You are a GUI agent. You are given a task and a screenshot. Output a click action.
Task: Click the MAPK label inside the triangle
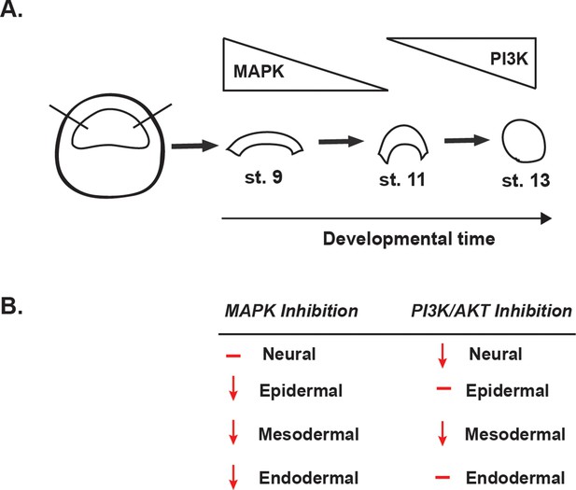259,71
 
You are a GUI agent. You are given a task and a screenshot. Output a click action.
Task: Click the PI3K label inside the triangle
509,59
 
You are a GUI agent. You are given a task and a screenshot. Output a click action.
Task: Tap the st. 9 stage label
263,177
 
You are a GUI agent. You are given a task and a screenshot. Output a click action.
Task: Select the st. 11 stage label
401,179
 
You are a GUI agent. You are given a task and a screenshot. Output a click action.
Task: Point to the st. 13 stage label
526,180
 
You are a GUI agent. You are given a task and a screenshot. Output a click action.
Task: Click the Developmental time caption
409,239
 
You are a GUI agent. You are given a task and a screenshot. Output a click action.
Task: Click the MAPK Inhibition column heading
291,311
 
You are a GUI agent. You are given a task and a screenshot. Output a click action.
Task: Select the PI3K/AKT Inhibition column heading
491,311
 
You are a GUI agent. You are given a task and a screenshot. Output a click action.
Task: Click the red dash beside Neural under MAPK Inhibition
233,356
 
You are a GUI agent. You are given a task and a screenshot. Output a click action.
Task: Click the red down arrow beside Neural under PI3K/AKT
443,356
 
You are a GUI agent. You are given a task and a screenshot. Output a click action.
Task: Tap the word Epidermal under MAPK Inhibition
301,390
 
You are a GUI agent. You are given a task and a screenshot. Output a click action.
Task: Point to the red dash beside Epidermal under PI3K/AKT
443,388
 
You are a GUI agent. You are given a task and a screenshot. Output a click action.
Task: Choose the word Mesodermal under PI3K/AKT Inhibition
515,434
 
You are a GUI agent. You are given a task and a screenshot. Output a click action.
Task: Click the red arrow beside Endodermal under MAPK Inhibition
233,477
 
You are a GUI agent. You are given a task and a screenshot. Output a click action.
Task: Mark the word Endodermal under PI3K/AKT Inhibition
515,478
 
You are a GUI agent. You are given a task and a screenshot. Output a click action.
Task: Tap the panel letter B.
11,306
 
